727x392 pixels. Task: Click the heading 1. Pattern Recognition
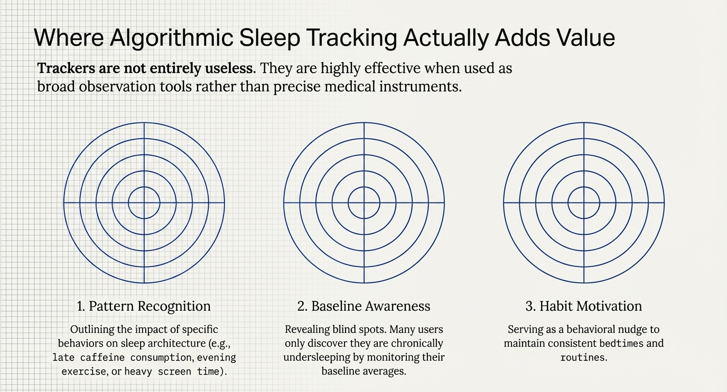[x=144, y=306]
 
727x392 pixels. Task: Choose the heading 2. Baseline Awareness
[x=364, y=306]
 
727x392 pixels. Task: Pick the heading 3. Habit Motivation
[x=583, y=306]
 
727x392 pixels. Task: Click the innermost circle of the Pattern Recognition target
[x=144, y=187]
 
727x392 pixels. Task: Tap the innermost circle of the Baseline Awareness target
[x=364, y=187]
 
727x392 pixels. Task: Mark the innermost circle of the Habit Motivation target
[x=584, y=187]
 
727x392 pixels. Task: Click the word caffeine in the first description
[x=102, y=357]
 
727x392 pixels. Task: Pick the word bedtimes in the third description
[x=621, y=343]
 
